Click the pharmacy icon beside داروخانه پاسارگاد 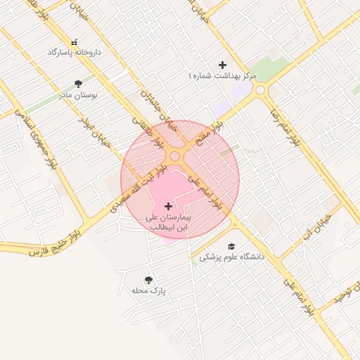[x=75, y=42]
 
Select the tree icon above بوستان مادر [x=78, y=84]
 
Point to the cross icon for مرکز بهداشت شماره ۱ [x=223, y=65]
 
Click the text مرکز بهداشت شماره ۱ [x=223, y=75]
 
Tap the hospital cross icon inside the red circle [x=168, y=206]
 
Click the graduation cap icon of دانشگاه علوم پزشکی [x=231, y=245]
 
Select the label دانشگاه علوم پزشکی [x=232, y=257]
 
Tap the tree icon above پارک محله [x=148, y=280]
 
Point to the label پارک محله [x=148, y=290]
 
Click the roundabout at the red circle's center [x=181, y=160]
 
